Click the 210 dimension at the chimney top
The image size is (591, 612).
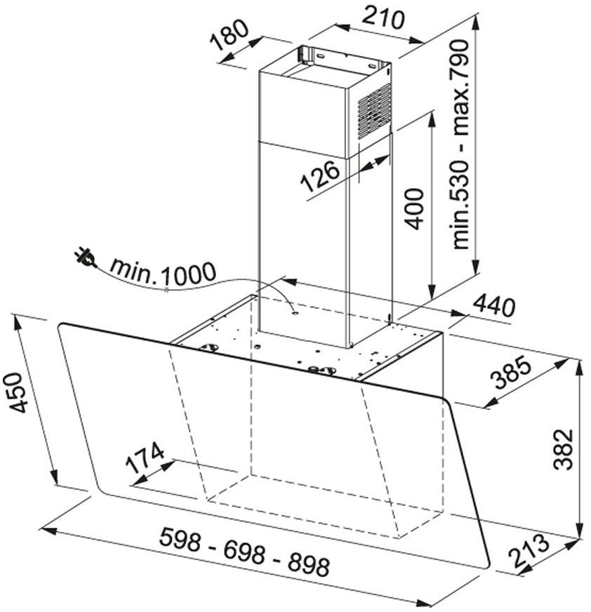click(383, 19)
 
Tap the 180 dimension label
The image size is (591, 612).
click(229, 35)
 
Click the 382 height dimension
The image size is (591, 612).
click(564, 449)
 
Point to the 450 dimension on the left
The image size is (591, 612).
click(16, 392)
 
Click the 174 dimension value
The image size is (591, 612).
click(145, 458)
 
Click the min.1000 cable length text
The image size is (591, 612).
click(163, 272)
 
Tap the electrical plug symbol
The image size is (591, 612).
click(86, 258)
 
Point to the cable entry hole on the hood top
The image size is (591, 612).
click(295, 312)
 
